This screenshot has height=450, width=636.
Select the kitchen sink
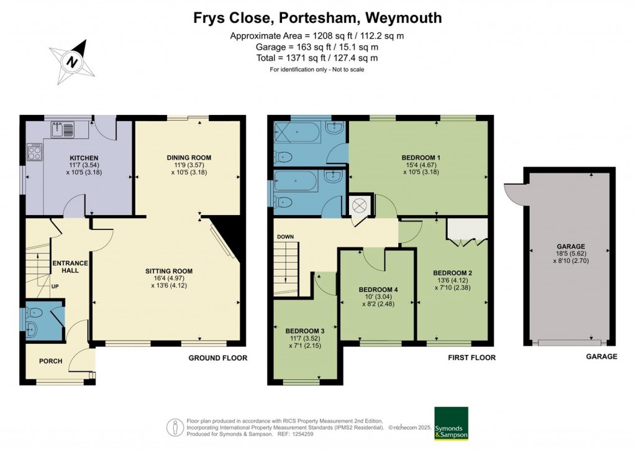63,129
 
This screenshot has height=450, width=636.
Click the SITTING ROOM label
169,271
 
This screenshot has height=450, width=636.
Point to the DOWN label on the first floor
286,237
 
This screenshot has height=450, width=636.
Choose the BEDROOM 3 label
305,330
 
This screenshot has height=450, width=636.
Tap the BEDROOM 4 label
378,290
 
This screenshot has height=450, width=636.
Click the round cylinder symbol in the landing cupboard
360,206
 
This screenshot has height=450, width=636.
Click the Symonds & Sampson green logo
451,423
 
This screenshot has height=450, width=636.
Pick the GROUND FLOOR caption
218,358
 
